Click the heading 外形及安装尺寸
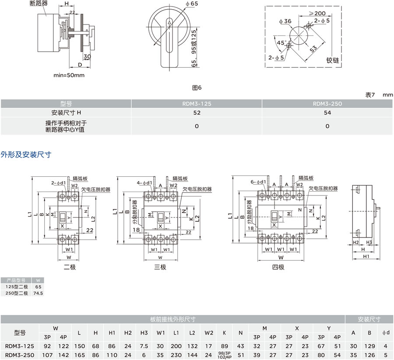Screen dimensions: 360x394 click(26, 154)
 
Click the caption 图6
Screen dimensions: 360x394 click(197, 87)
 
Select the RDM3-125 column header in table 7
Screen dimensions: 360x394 click(197, 104)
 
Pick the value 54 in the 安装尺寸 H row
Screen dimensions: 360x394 click(327, 112)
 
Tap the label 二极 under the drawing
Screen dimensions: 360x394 click(70, 267)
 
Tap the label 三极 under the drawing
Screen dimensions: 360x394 click(160, 267)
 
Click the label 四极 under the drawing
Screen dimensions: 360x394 click(278, 267)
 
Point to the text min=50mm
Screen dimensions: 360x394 click(69, 75)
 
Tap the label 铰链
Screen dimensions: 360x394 click(333, 60)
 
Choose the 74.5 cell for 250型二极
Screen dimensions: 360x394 click(38, 293)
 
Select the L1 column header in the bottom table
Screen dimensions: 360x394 click(176, 332)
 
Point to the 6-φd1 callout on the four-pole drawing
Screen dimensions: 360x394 click(258, 182)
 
